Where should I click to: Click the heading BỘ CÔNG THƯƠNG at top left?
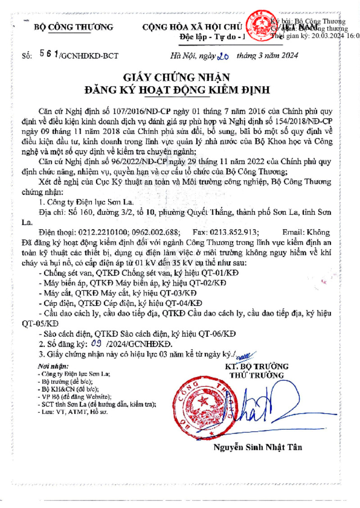point(73,27)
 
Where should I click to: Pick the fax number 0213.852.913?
point(232,232)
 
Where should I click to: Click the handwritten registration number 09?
point(95,344)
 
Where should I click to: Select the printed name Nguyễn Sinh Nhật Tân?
point(257,447)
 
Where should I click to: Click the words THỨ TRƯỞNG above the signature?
point(256,375)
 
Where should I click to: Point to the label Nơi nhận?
point(53,366)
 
